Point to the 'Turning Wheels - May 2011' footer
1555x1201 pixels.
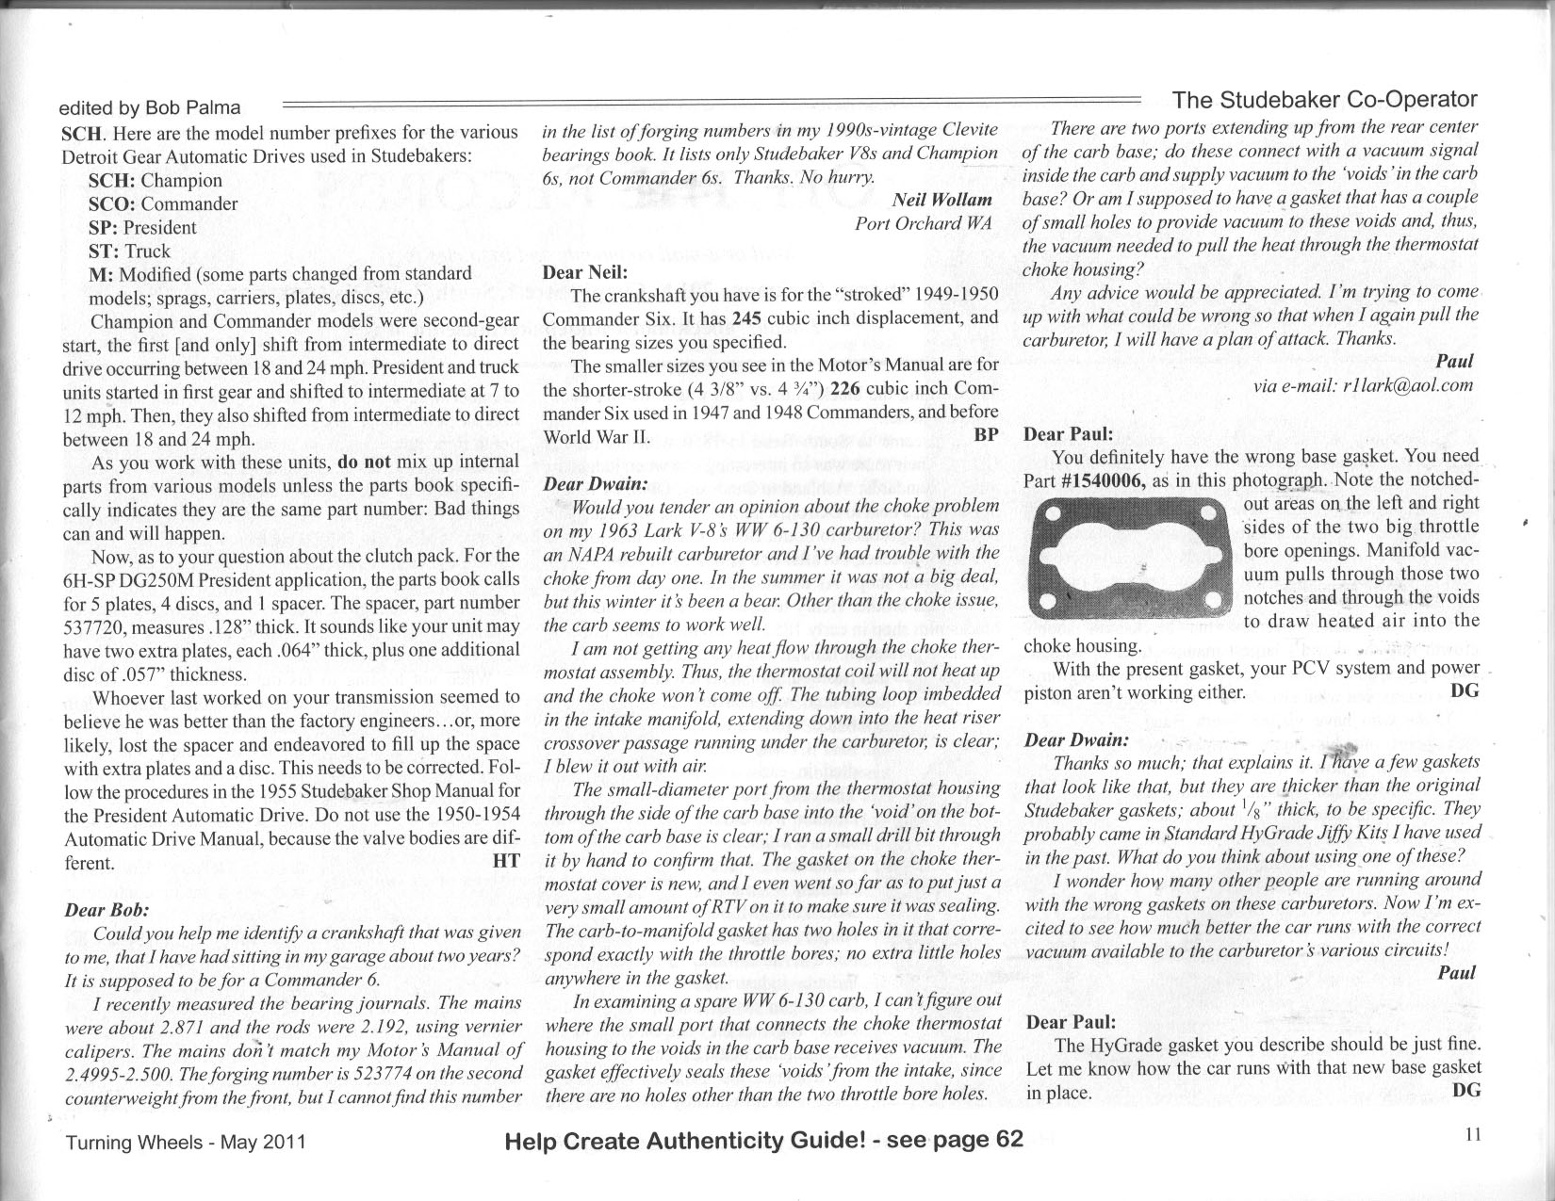185,1143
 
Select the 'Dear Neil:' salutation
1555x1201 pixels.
585,273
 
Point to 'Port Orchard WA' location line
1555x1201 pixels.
924,223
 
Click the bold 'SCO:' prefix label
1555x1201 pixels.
111,203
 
